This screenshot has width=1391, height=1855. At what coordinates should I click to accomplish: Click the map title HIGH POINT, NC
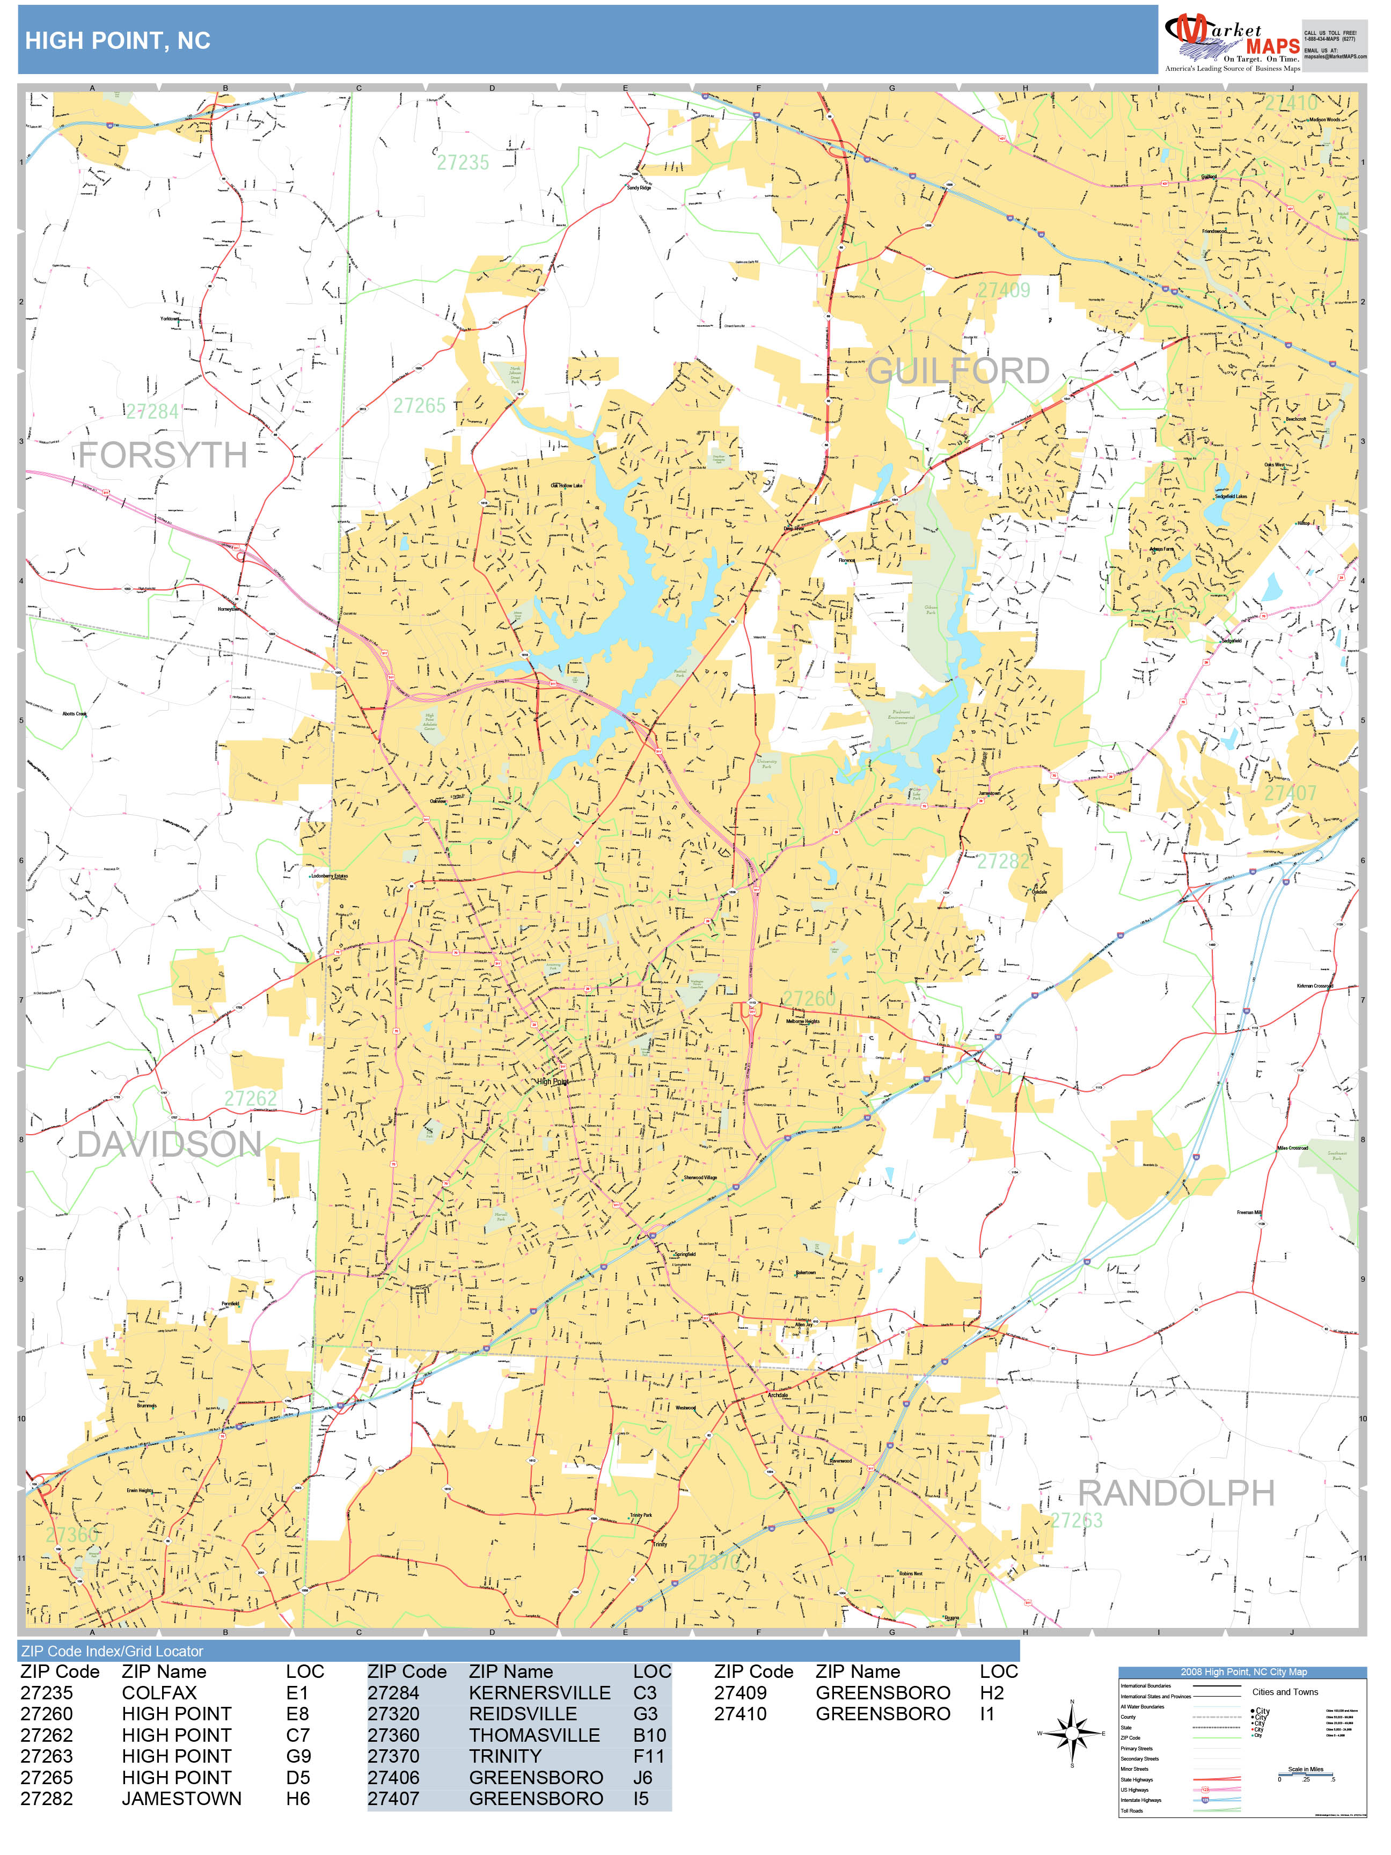(x=118, y=40)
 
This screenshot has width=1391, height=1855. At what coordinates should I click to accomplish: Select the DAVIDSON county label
(x=170, y=1144)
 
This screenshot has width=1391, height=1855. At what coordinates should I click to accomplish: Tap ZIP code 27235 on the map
(x=462, y=163)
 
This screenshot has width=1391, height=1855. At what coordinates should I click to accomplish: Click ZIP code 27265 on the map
(x=419, y=406)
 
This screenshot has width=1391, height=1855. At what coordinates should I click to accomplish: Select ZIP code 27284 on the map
(x=152, y=412)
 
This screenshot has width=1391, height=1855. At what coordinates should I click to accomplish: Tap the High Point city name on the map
(x=553, y=1082)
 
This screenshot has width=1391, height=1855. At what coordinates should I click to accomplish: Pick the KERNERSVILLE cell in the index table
(x=539, y=1693)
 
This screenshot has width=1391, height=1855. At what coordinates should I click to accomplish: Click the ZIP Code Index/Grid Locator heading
(x=112, y=1651)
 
